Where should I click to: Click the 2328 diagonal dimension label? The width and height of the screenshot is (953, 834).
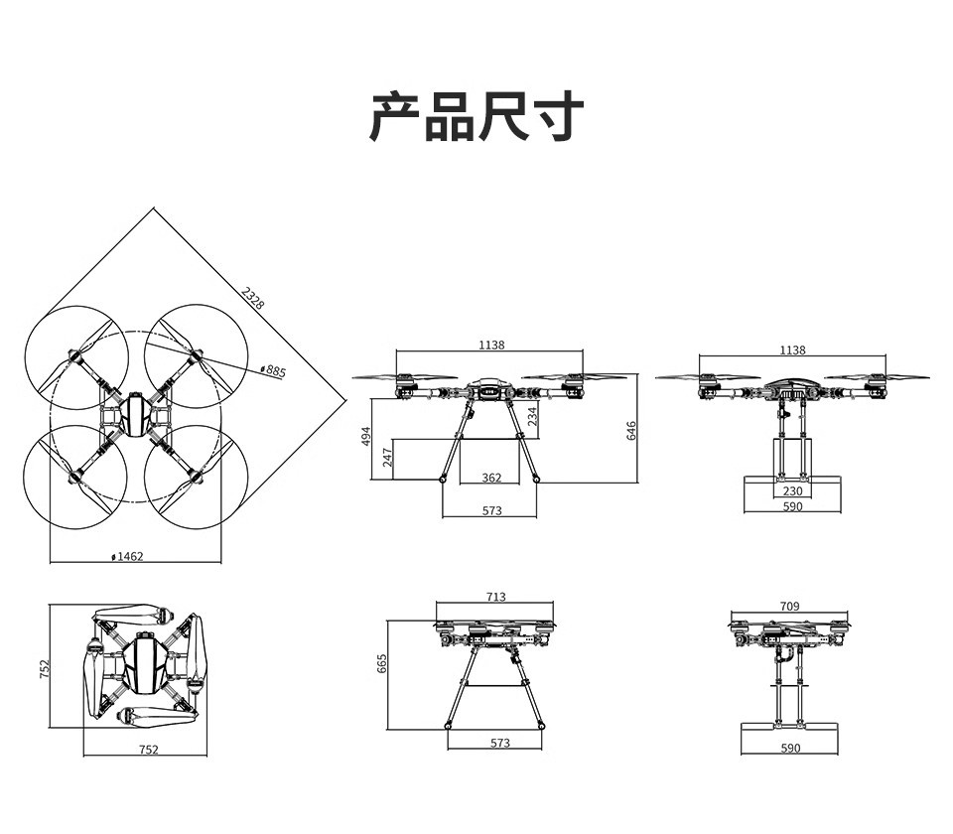point(253,298)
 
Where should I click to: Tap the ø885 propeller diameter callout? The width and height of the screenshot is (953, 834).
point(273,370)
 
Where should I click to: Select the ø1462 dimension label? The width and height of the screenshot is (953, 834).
point(128,556)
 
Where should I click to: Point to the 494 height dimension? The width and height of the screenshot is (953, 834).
point(366,436)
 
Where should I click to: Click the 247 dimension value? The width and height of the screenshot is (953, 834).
point(388,457)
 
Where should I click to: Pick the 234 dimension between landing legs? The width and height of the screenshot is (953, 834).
point(532,416)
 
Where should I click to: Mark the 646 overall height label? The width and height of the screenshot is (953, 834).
point(631,430)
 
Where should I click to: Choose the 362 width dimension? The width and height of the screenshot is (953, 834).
point(491,478)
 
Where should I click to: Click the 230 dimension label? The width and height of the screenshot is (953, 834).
point(792,490)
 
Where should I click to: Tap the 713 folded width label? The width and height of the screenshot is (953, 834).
point(496,597)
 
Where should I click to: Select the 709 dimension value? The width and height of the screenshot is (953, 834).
point(789,606)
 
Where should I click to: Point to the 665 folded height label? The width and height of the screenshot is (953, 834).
point(381,663)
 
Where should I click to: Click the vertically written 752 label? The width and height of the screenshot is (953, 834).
point(44,669)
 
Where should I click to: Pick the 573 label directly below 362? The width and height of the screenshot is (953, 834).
point(491,510)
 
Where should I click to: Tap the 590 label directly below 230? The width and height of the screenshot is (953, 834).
point(792,506)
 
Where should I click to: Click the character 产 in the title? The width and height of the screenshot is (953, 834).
point(394,117)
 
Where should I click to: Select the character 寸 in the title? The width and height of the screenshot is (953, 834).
point(559,117)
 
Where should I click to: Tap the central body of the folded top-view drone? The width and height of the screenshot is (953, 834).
point(144,663)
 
